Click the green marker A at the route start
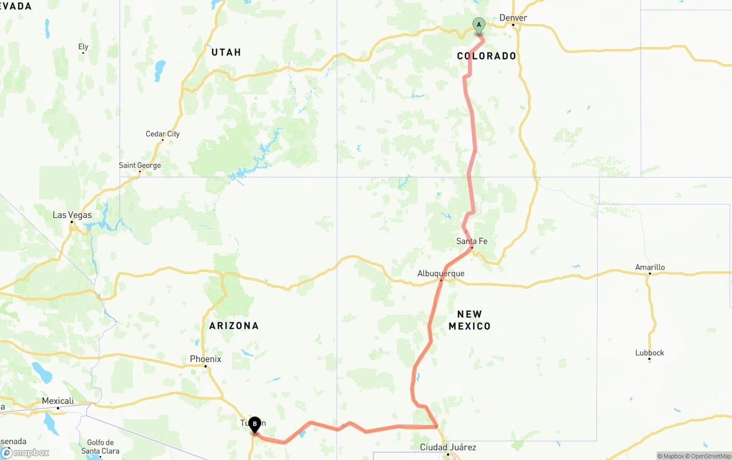479,25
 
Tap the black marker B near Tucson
254,424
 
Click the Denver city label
513,18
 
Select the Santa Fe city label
472,241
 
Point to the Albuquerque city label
440,273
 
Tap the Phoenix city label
205,359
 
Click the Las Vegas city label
72,215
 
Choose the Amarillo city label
650,267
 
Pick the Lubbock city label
650,352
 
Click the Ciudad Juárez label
448,447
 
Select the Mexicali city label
58,401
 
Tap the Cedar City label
162,133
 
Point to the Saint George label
140,165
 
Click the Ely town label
83,46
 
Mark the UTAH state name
226,52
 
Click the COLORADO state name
487,56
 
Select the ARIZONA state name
234,325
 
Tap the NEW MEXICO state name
470,320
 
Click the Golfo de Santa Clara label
100,446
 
